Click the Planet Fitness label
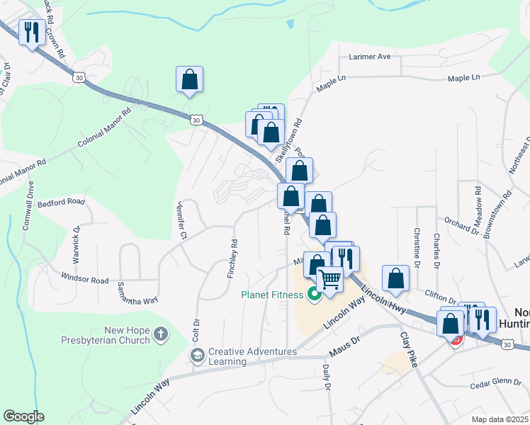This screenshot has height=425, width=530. point(273,294)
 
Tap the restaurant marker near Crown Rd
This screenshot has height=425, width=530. point(32,33)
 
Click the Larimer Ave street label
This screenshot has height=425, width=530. point(369,57)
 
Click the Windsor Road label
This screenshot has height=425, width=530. point(85,280)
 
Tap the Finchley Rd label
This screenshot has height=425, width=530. point(232,257)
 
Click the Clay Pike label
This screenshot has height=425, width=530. point(409,348)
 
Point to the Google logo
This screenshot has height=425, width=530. point(23,416)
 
